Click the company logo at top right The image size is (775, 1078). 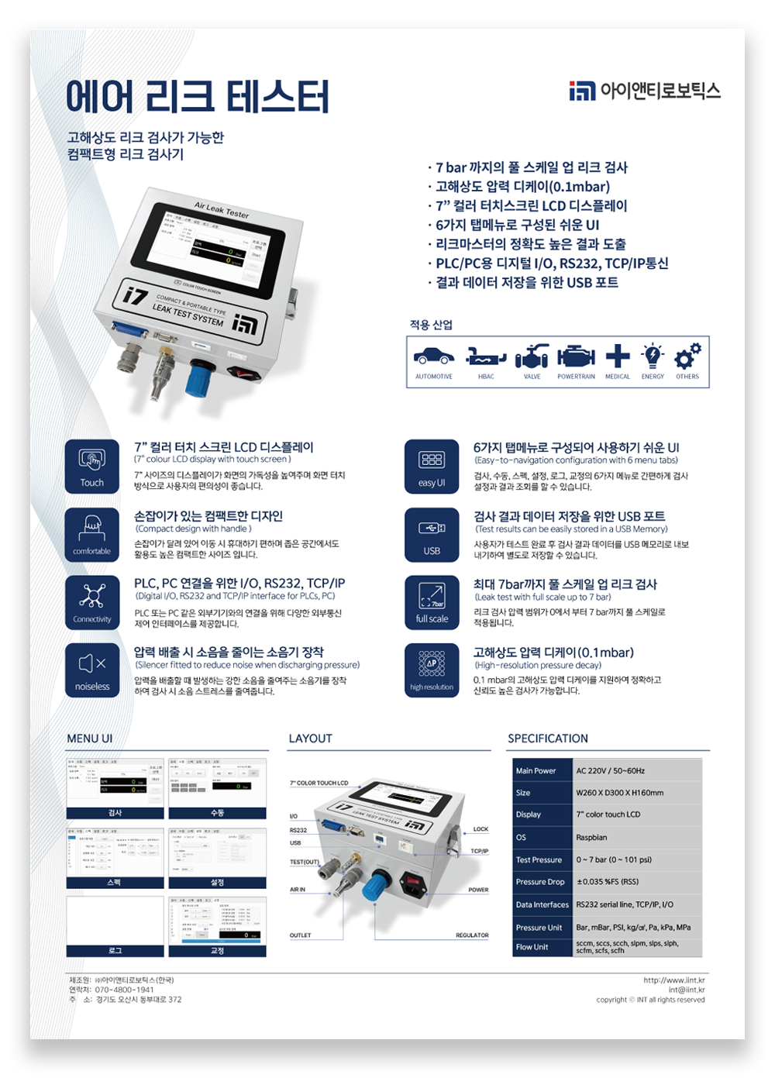644,91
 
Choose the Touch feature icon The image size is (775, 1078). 92,467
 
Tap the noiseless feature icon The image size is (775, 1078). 92,670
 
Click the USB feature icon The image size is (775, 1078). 432,535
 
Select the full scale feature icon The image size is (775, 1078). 432,602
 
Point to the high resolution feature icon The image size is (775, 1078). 432,670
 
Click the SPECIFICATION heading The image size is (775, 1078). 548,739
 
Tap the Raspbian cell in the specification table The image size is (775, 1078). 592,837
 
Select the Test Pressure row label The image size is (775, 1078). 539,859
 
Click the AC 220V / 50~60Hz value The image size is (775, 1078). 611,771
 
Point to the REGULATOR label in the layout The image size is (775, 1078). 472,935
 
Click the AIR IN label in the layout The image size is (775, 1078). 298,890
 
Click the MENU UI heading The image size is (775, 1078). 90,739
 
